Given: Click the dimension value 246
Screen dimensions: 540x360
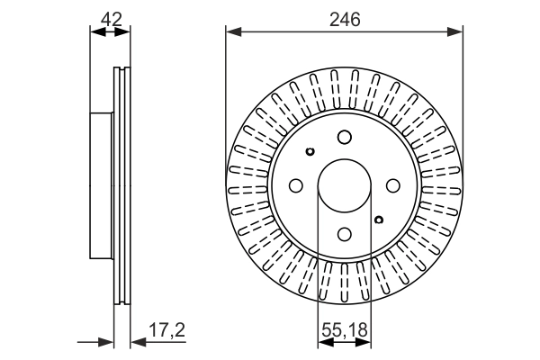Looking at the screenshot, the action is pos(345,19).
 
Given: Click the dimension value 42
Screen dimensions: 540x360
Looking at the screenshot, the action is pos(112,19).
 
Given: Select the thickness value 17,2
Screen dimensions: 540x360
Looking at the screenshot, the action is pos(167,329).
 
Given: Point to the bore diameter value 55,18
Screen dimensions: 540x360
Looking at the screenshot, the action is pos(345,329).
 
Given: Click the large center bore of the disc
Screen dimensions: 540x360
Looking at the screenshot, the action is pos(345,186).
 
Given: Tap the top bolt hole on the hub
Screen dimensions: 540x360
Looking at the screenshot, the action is pos(345,137).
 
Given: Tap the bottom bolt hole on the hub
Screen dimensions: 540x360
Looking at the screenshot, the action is pos(345,234).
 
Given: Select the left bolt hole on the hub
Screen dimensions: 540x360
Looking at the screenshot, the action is pos(296,185).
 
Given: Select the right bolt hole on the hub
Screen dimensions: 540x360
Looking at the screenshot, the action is pos(393,185).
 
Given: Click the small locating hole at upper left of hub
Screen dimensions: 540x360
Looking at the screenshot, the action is pos(310,151).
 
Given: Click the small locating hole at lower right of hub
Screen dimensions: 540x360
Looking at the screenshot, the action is pos(379,220).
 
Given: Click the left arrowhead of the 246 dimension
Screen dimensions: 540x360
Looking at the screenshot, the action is pos(234,32).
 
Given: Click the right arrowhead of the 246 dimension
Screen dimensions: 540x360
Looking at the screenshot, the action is pos(454,32).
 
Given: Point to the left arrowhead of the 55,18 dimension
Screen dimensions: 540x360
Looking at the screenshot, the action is pos(326,342).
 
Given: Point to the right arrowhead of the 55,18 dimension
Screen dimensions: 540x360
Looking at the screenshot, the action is pos(364,342).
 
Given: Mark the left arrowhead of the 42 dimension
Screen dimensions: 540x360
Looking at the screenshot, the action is pos(98,32).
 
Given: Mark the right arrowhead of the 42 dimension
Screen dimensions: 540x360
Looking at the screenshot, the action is pos(122,32).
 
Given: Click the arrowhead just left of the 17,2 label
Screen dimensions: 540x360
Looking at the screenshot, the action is pos(139,342).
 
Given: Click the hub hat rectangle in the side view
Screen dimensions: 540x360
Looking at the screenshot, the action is pos(101,185).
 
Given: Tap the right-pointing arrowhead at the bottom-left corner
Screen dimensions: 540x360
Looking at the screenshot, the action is pos(105,342).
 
